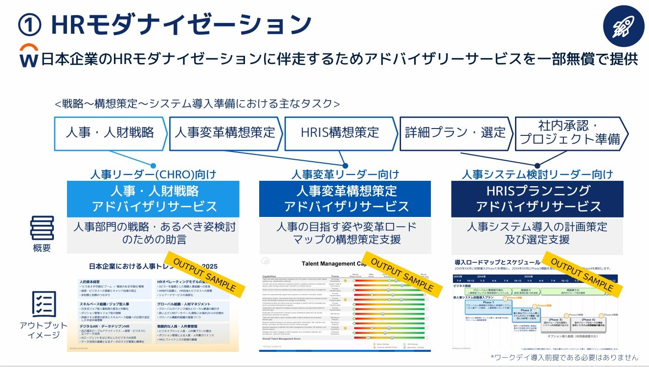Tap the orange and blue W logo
click(28, 55)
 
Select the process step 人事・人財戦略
click(110, 132)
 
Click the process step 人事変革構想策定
click(224, 132)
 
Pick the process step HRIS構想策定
click(340, 132)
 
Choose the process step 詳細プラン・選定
click(455, 132)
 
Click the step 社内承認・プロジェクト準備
click(570, 132)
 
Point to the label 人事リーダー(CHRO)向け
click(153, 174)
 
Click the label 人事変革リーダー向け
click(345, 174)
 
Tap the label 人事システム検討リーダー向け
click(537, 174)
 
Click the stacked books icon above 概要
click(43, 228)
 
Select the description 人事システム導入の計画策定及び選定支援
click(537, 233)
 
